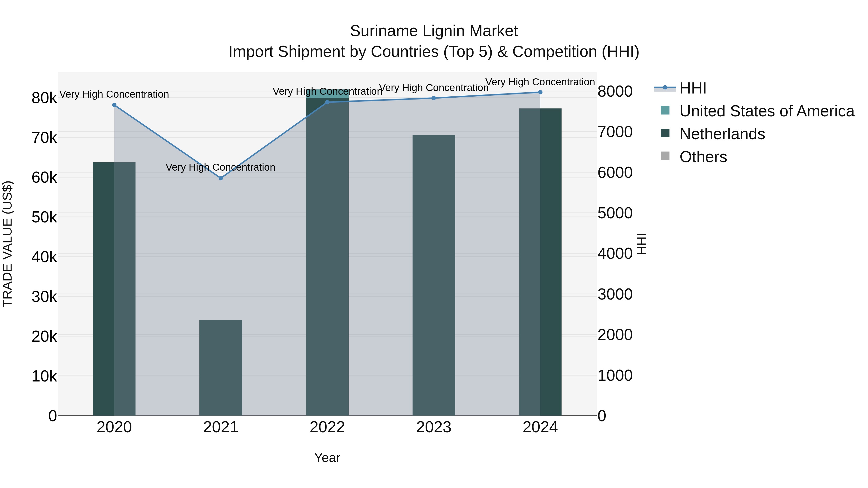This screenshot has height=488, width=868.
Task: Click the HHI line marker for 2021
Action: tap(221, 178)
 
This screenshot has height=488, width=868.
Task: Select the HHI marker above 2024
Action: tap(540, 92)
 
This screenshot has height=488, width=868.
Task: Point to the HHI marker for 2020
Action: tap(114, 105)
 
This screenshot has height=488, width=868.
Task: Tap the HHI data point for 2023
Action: tap(434, 98)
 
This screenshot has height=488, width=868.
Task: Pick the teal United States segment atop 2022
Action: tap(327, 94)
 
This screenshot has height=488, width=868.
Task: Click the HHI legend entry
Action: tap(692, 88)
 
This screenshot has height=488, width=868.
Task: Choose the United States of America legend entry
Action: tap(766, 111)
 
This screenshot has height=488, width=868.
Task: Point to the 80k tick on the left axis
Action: tap(44, 98)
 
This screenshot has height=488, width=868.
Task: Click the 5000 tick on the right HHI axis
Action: tap(615, 213)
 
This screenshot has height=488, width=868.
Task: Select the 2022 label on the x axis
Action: tap(327, 427)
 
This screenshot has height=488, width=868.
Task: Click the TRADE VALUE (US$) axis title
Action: tap(8, 244)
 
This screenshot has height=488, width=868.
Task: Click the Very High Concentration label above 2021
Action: tap(221, 167)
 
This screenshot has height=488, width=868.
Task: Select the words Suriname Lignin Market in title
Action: tap(434, 31)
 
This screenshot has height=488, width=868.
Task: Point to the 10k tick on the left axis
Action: tap(44, 376)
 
